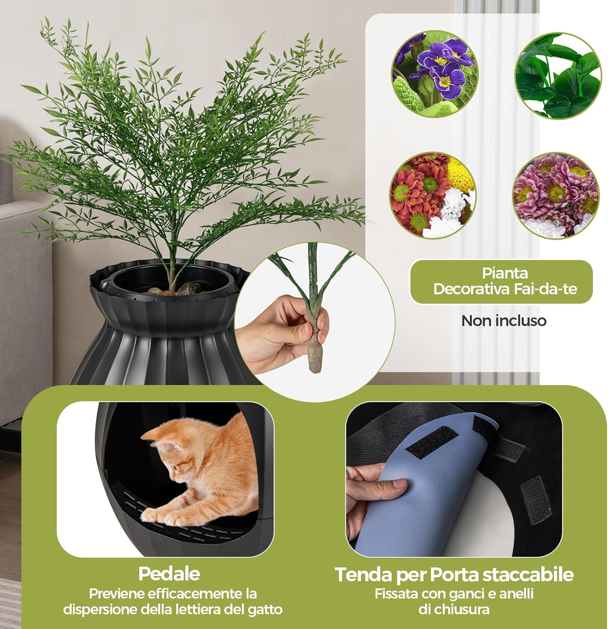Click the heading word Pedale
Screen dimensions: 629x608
click(x=169, y=573)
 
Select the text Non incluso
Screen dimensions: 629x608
click(x=504, y=321)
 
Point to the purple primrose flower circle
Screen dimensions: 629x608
click(x=434, y=74)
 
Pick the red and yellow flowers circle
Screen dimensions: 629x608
click(x=433, y=195)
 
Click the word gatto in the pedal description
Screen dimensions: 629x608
click(x=265, y=609)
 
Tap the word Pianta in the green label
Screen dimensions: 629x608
click(x=504, y=273)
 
